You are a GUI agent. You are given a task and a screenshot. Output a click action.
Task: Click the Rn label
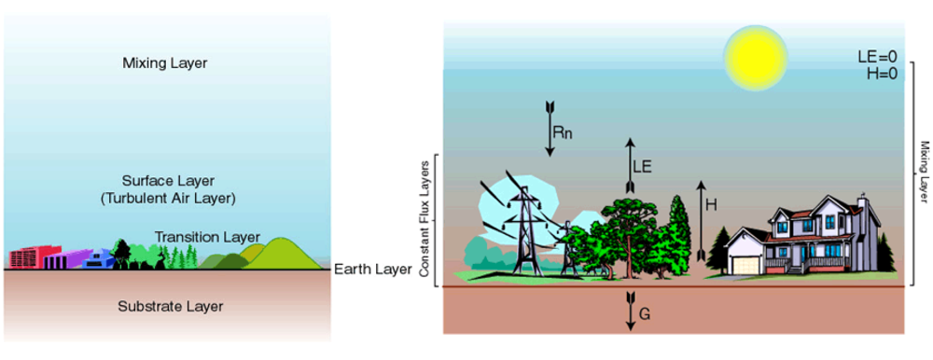click(563, 132)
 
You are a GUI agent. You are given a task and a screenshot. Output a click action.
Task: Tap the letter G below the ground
click(644, 315)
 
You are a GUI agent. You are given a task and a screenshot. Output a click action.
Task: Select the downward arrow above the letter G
click(630, 308)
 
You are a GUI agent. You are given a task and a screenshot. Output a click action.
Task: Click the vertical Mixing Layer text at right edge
click(923, 173)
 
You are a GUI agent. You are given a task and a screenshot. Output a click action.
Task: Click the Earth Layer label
click(373, 270)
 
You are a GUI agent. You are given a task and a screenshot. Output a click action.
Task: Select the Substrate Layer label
click(171, 305)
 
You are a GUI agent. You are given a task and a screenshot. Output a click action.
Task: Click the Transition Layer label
click(207, 237)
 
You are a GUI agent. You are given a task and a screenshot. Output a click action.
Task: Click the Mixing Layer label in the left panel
click(164, 63)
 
